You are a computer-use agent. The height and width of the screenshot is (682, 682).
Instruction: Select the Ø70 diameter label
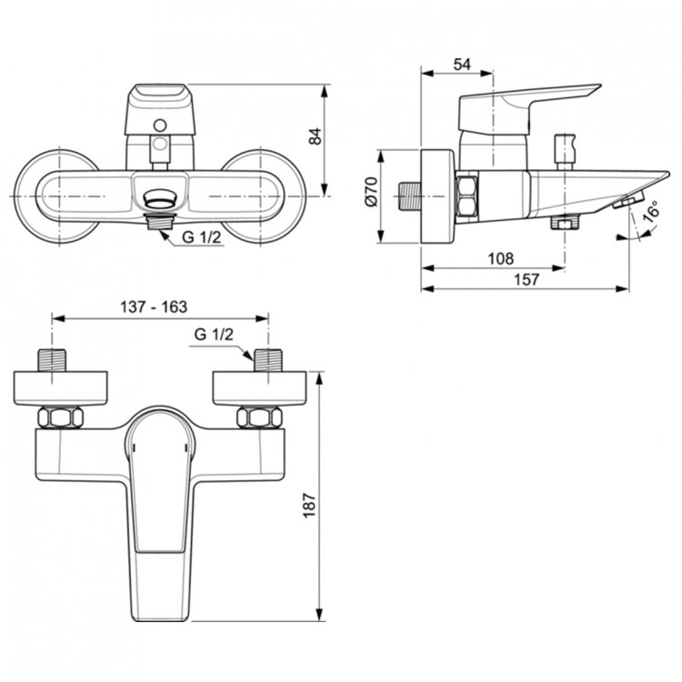[371, 194]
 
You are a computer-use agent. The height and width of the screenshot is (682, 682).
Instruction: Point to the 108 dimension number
[500, 258]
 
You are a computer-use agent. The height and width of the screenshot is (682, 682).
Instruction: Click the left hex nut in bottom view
[60, 418]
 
